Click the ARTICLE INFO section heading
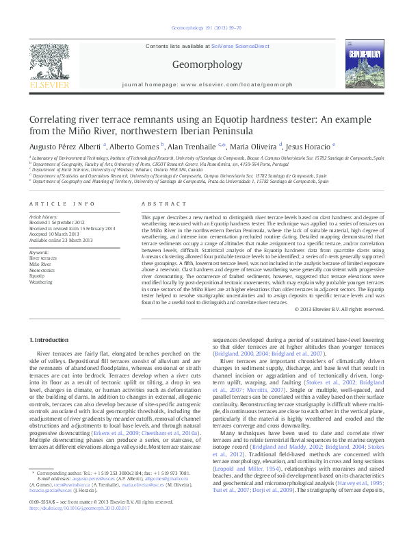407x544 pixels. click(x=62, y=203)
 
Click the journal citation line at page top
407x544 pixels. click(x=203, y=28)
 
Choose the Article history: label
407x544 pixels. click(x=43, y=217)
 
